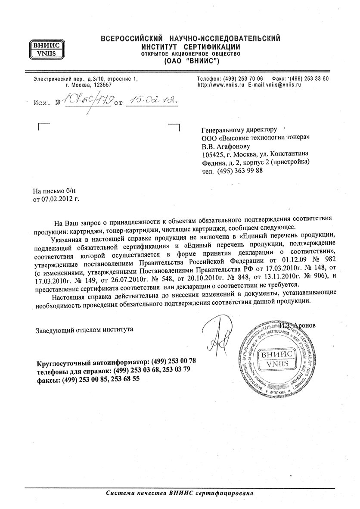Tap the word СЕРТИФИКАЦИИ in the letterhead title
[x=210, y=47]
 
